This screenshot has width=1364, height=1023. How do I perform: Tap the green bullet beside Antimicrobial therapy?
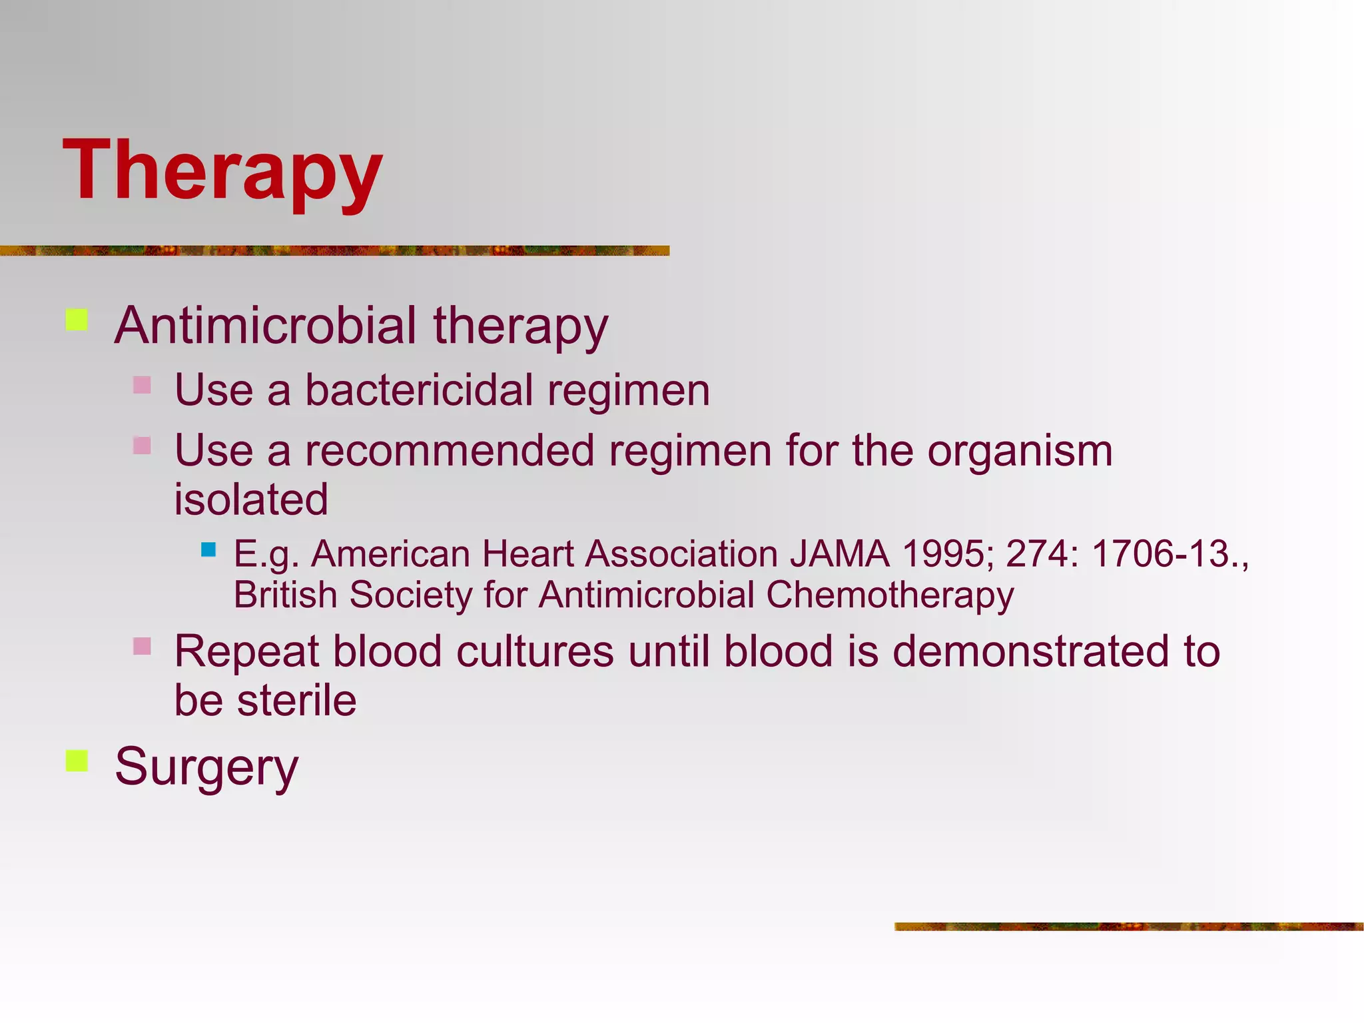coord(77,320)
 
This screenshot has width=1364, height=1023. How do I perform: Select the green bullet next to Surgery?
coord(77,761)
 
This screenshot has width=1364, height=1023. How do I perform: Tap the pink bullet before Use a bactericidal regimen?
coord(142,385)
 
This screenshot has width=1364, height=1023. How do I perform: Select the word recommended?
coord(450,451)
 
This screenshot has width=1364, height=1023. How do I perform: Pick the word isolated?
coord(251,500)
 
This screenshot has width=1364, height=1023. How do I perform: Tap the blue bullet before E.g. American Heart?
coord(208,549)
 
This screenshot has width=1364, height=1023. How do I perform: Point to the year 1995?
coord(942,554)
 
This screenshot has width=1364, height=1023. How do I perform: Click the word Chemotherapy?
coord(890,595)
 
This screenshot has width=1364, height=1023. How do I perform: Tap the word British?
coord(285,595)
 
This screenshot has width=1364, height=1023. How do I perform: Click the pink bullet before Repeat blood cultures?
coord(142,646)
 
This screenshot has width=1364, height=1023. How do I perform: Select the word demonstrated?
coord(1030,651)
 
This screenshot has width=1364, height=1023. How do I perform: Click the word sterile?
coord(297,701)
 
